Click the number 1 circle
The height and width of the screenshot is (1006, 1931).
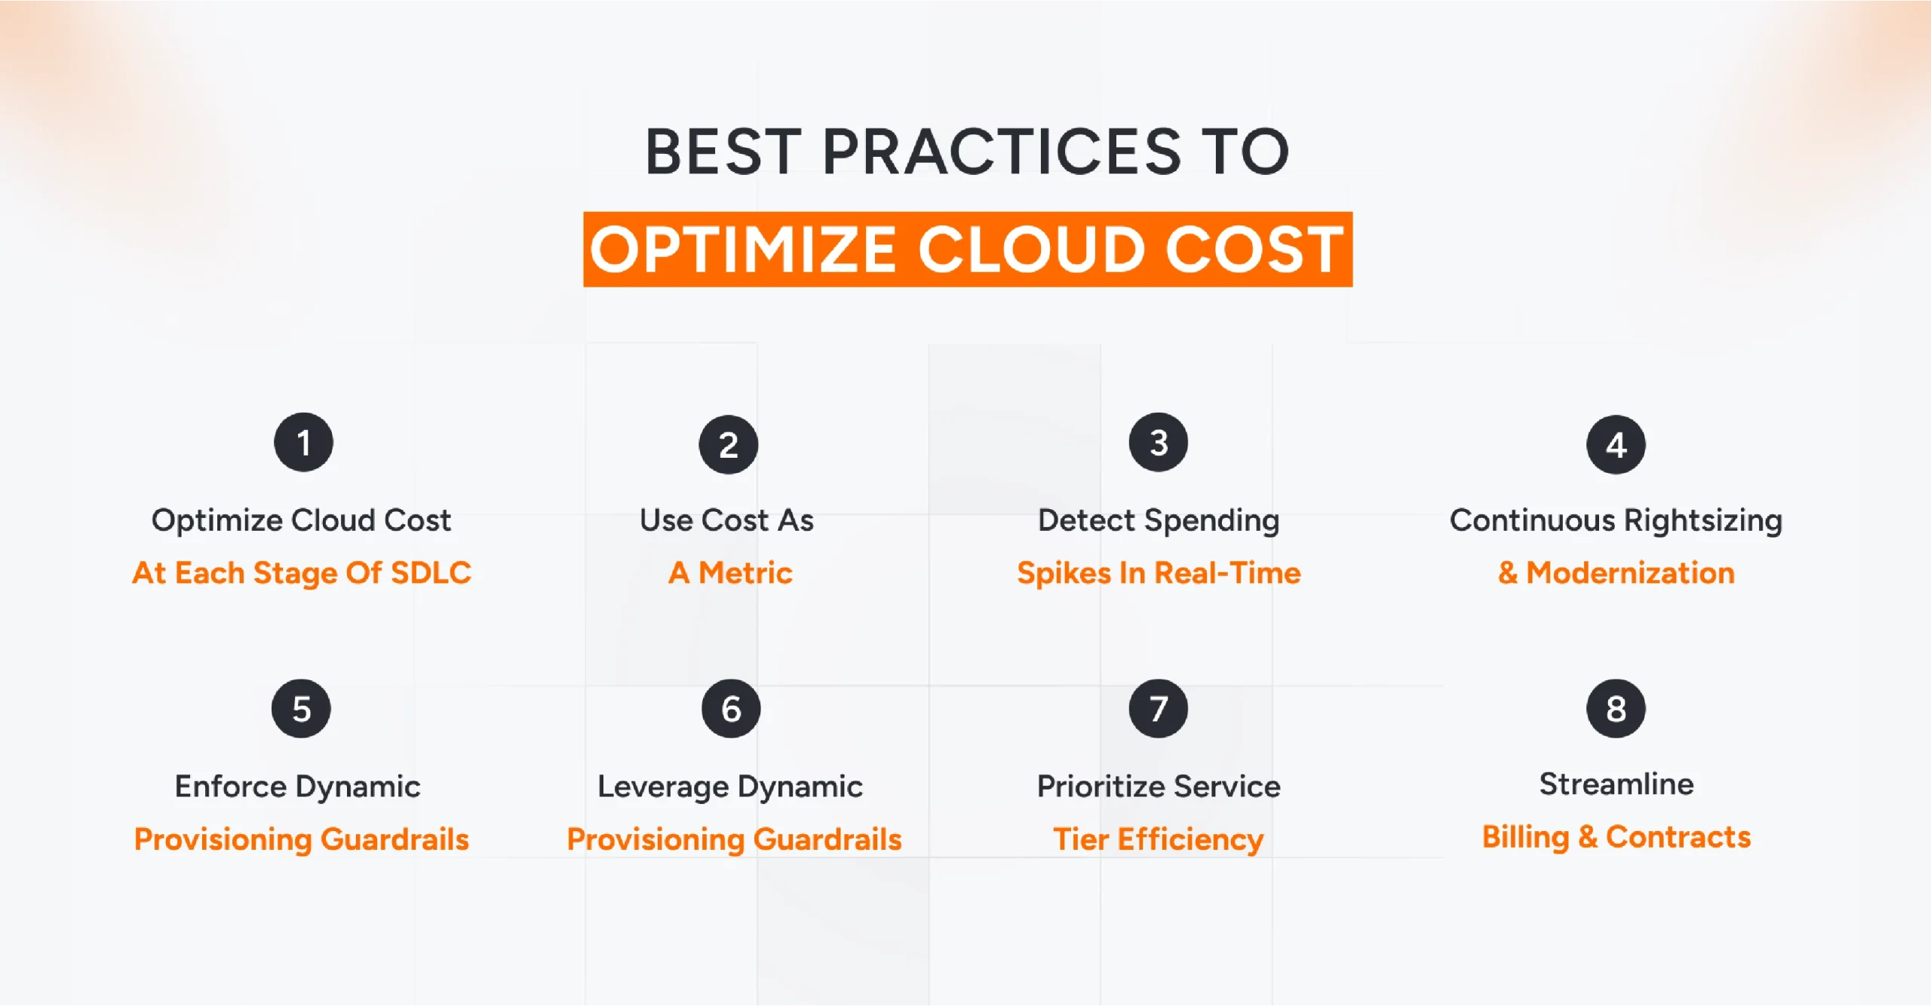(303, 443)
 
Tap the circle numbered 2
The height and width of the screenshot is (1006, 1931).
(728, 445)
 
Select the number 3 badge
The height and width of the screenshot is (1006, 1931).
(1158, 443)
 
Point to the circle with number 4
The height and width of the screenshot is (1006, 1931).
(1616, 445)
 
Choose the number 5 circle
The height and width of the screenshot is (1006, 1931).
(301, 709)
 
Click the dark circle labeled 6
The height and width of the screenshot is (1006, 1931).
(731, 709)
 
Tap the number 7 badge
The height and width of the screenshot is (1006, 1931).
(1158, 709)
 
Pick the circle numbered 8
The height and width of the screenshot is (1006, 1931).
(1616, 709)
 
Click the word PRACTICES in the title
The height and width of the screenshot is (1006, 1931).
(1001, 152)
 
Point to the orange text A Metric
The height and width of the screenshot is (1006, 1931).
(730, 573)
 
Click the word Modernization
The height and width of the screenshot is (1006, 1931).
(1630, 573)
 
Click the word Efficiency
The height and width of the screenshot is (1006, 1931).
(1190, 839)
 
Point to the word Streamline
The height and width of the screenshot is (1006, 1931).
(1616, 784)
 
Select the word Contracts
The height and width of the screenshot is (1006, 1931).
(1678, 837)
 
